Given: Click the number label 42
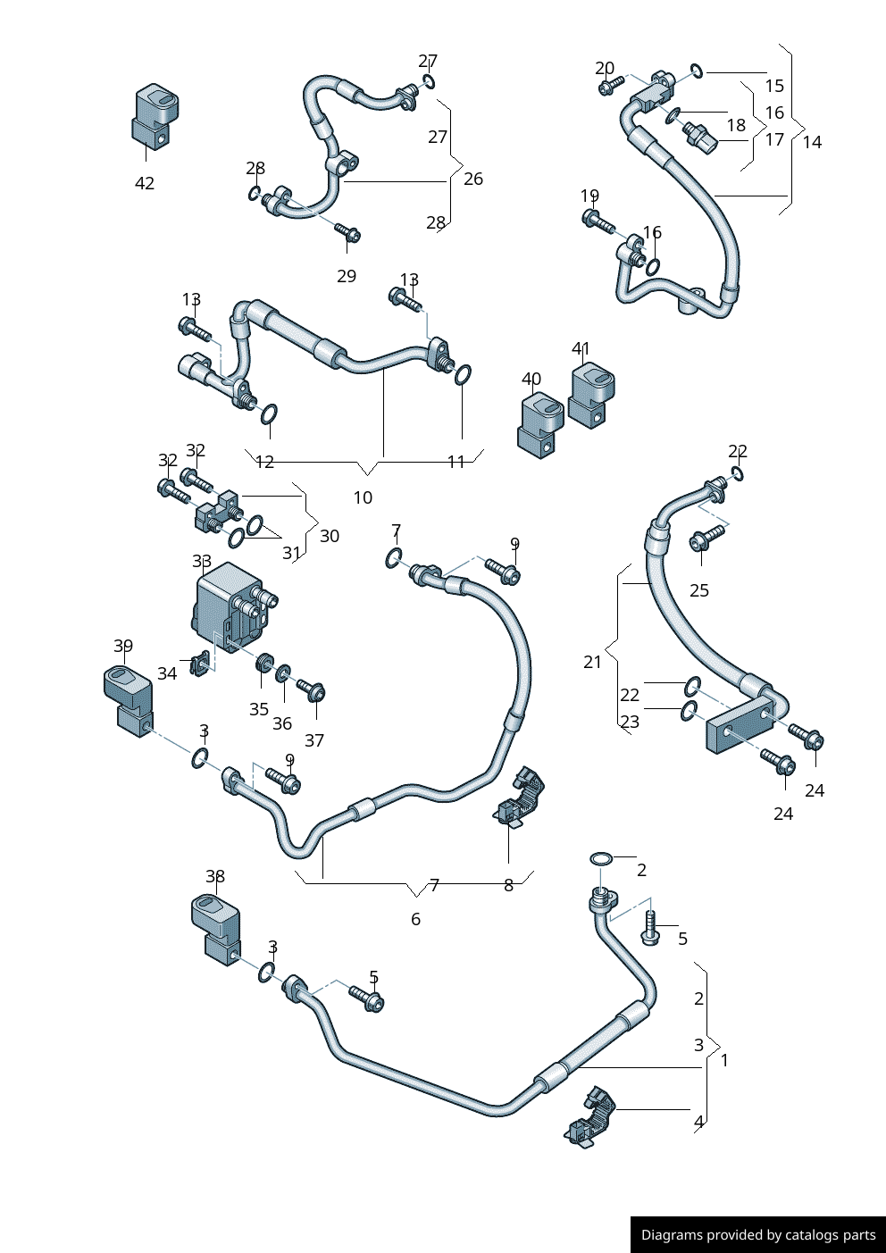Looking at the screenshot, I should (x=145, y=183).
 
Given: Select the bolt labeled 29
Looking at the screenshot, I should (x=347, y=233).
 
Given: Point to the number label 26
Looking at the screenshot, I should (x=473, y=179).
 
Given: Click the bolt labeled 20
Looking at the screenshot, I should (x=611, y=85).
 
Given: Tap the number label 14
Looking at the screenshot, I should (x=812, y=142).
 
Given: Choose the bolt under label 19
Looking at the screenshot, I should (x=598, y=221).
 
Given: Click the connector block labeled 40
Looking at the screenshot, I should (x=539, y=425).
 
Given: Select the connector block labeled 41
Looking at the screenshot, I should (x=591, y=394).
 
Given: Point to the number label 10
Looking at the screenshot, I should (x=363, y=497).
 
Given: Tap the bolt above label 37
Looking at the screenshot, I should (x=311, y=690).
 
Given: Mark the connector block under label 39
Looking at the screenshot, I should (x=128, y=701).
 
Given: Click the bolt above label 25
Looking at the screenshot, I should (x=707, y=538).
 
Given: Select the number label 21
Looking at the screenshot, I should (x=593, y=662).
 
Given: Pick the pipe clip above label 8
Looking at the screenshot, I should (x=521, y=797).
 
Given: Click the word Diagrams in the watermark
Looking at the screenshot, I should (x=671, y=1235).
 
